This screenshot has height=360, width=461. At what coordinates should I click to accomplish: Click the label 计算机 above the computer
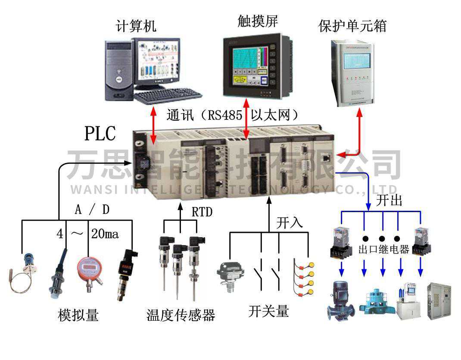click(x=136, y=26)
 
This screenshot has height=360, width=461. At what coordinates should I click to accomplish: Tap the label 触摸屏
click(x=258, y=22)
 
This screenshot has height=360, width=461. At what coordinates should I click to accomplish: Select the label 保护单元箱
click(x=352, y=26)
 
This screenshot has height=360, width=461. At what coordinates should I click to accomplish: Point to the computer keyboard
click(x=168, y=95)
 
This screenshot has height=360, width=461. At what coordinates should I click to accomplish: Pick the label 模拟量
click(x=78, y=315)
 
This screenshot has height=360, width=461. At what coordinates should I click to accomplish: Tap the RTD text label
click(x=202, y=212)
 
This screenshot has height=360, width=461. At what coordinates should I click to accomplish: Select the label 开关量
click(x=268, y=311)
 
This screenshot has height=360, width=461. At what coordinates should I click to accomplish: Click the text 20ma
click(x=105, y=234)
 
